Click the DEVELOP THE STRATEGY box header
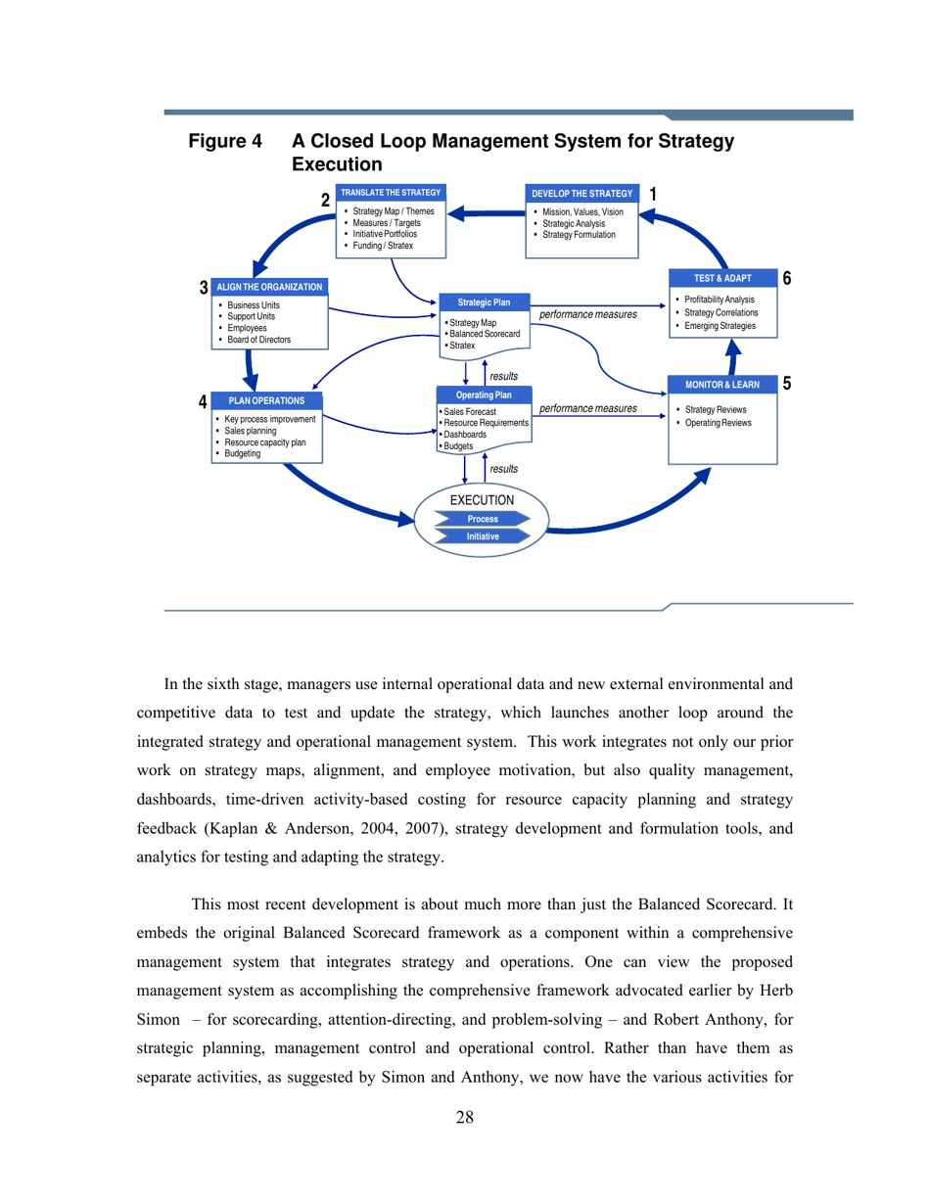tap(582, 193)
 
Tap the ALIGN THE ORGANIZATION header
tap(268, 287)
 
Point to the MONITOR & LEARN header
tap(722, 384)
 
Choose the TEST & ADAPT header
tap(722, 278)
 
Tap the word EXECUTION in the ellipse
tap(482, 500)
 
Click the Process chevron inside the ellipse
tap(483, 519)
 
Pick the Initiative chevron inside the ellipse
tap(483, 536)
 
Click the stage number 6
tap(787, 278)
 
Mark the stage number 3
tap(204, 288)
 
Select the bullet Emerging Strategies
tap(720, 324)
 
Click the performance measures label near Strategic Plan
tap(588, 315)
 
